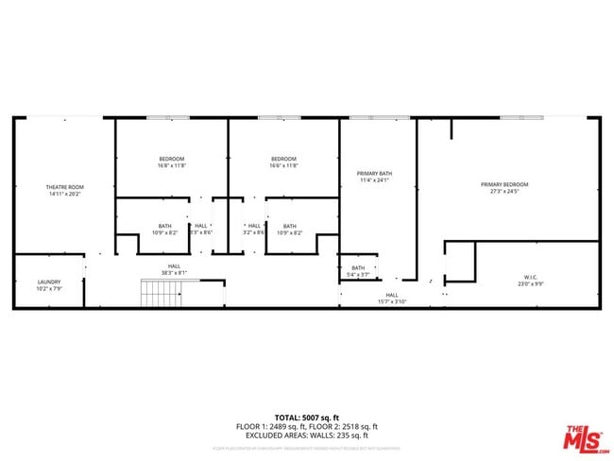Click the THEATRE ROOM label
[x=65, y=187]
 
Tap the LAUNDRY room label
[x=49, y=282]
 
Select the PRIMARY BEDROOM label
[x=503, y=184]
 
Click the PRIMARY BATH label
[x=374, y=173]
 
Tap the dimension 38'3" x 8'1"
[x=175, y=273]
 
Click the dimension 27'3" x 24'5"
[x=503, y=192]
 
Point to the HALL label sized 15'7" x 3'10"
[x=392, y=295]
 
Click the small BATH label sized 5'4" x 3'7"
[x=358, y=267]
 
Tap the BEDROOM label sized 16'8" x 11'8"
[x=171, y=159]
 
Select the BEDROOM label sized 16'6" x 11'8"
[x=283, y=159]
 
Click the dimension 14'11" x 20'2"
[x=65, y=195]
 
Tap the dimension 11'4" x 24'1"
[x=374, y=180]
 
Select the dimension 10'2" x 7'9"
[x=49, y=289]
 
